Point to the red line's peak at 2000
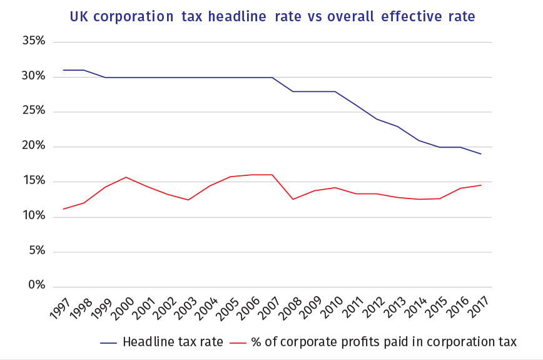click(126, 177)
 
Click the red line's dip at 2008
click(293, 199)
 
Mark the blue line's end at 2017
click(481, 154)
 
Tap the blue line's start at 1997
click(63, 70)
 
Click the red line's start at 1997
click(63, 209)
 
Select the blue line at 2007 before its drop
click(272, 78)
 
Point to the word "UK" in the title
click(79, 17)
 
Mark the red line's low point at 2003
click(188, 200)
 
